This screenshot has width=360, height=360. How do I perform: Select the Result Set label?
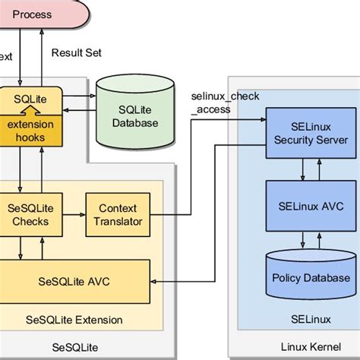click(76, 52)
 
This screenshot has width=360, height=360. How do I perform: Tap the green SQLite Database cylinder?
click(134, 115)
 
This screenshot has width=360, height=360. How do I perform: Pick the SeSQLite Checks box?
click(30, 215)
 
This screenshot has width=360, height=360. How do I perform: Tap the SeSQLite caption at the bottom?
click(75, 348)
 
